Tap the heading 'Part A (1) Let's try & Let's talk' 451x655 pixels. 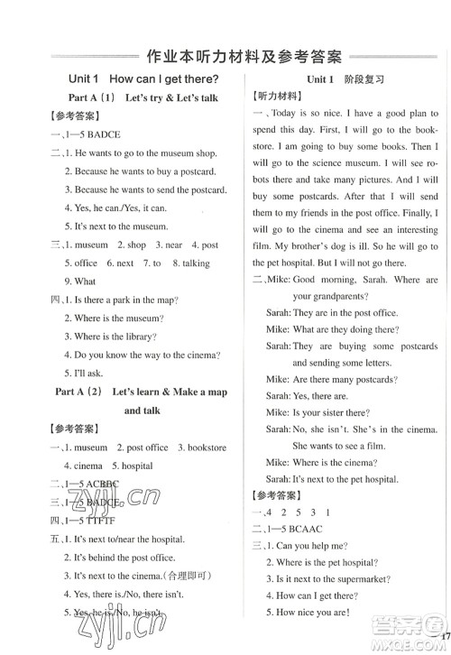[143, 97]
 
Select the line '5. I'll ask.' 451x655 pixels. [85, 374]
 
